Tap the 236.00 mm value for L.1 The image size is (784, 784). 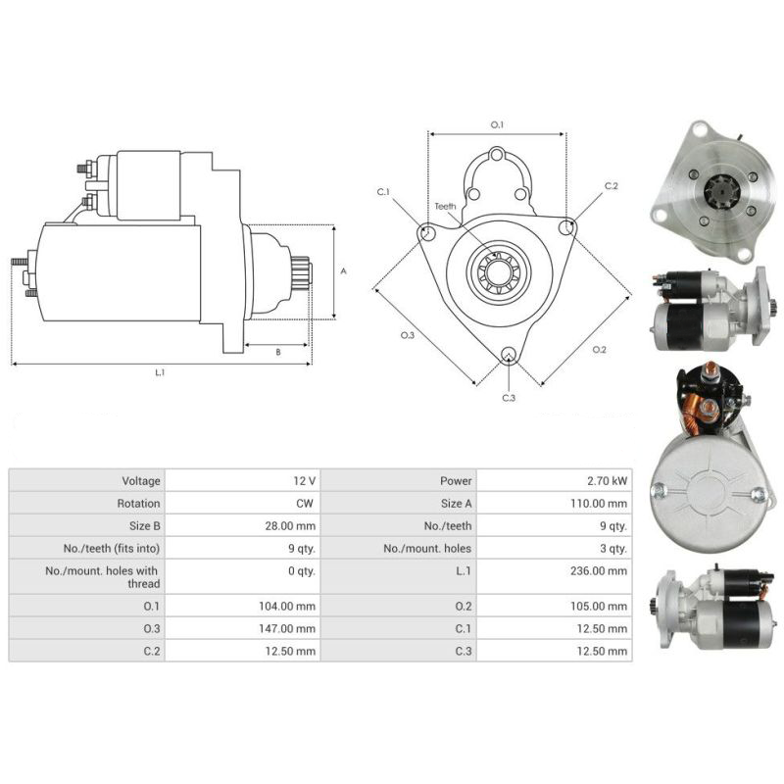click(602, 570)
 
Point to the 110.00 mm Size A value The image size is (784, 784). click(602, 503)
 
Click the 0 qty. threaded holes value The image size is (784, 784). click(300, 570)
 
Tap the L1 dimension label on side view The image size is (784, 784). click(160, 371)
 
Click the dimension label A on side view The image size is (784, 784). click(342, 271)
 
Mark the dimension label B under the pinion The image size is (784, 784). click(277, 351)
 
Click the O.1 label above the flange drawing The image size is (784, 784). click(496, 124)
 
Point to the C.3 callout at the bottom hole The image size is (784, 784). click(509, 398)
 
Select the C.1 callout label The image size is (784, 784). click(383, 191)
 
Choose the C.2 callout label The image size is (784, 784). click(611, 185)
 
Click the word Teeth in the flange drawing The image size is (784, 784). click(446, 206)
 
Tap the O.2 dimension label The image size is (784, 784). click(600, 350)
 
